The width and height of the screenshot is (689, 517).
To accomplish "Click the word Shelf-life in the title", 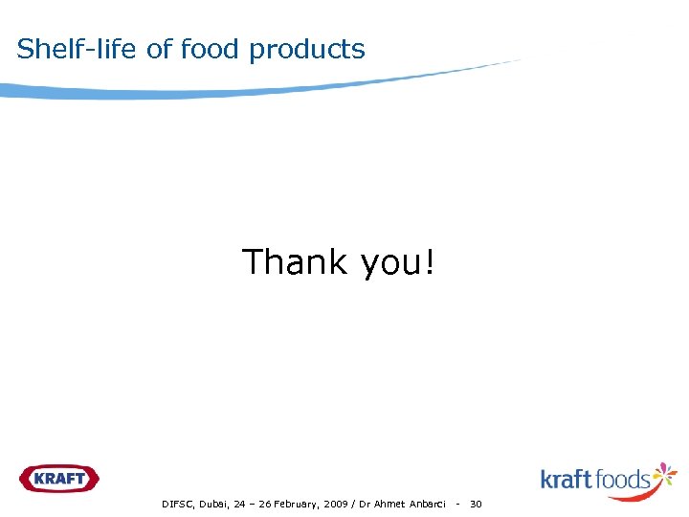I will pyautogui.click(x=78, y=49).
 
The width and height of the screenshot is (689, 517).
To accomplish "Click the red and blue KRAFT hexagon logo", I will pyautogui.click(x=58, y=478).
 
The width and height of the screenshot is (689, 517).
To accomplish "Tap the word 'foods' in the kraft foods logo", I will pyautogui.click(x=624, y=479).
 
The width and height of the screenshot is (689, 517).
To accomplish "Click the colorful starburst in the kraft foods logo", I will pyautogui.click(x=664, y=476).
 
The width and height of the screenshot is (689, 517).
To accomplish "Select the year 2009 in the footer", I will pyautogui.click(x=335, y=504).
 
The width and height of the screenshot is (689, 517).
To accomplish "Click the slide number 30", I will pyautogui.click(x=476, y=504).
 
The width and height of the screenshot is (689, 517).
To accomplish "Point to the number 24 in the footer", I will pyautogui.click(x=239, y=504).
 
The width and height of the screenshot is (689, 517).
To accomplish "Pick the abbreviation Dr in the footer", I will pyautogui.click(x=366, y=504).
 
